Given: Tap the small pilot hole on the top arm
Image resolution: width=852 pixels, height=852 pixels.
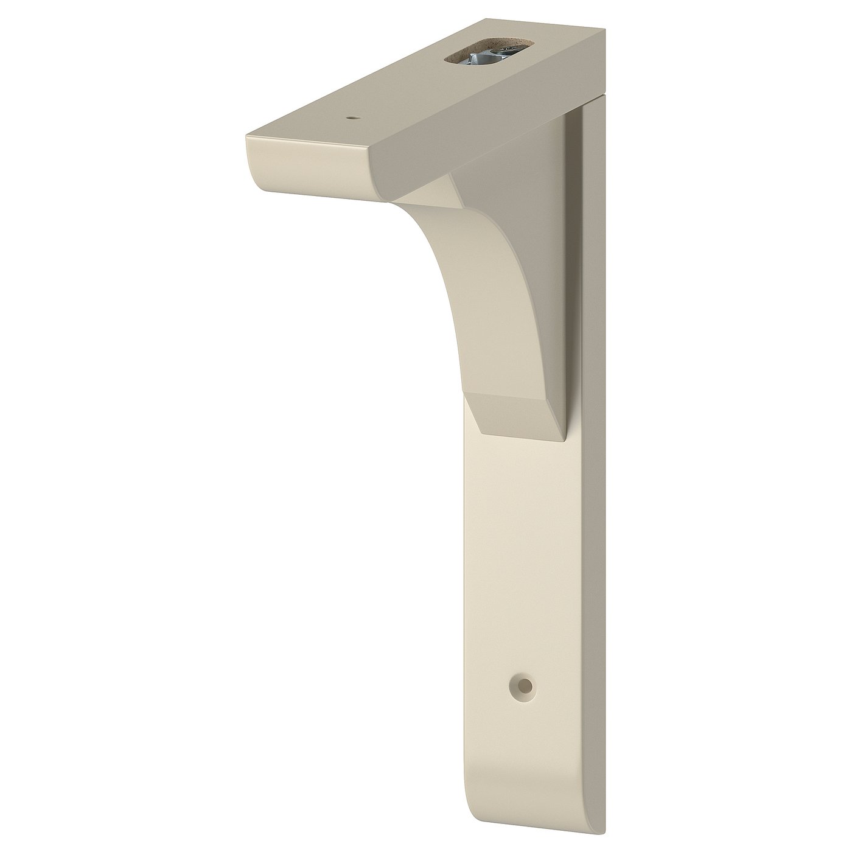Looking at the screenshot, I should pos(351,119).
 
